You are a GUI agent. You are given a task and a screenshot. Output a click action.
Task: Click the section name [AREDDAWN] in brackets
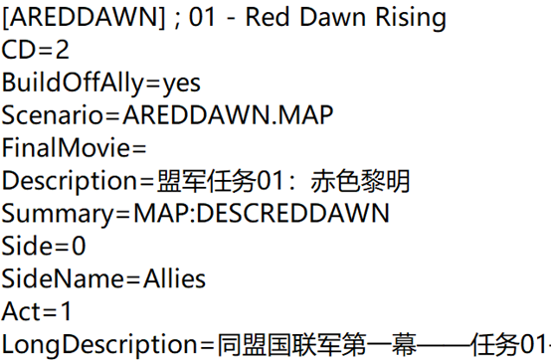click(84, 17)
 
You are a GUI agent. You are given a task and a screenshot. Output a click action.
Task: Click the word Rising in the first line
click(411, 18)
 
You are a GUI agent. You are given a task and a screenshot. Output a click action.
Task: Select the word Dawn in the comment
click(332, 17)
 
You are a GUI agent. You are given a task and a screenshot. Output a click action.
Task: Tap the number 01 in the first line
click(202, 17)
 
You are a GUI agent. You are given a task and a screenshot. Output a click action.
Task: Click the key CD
click(17, 50)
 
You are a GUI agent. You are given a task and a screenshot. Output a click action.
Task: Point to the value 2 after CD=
click(62, 50)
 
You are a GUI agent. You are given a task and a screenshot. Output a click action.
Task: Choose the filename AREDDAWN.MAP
click(228, 114)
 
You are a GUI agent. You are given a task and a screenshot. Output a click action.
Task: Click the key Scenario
click(52, 114)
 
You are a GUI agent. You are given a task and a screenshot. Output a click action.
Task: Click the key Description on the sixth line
click(70, 181)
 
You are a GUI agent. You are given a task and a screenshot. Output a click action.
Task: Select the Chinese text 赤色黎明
click(360, 181)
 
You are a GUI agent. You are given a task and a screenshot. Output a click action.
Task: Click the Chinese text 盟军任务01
click(220, 181)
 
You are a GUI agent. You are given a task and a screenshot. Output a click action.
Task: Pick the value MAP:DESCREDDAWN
click(262, 213)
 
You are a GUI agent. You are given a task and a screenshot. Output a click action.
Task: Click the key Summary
click(58, 214)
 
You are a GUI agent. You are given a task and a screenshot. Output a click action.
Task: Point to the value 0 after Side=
click(79, 246)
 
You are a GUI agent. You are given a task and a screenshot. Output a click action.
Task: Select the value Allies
click(174, 278)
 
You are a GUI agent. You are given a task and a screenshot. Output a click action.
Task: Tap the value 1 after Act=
click(66, 311)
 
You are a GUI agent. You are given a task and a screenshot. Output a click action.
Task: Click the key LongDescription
click(99, 344)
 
